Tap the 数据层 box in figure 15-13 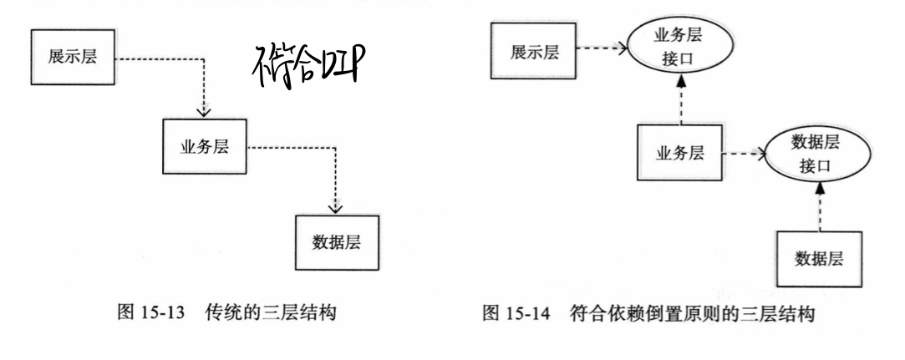tap(336, 244)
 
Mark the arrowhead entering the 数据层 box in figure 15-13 tap(335, 209)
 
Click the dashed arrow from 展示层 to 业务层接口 tap(596, 48)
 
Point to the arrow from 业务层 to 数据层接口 tap(742, 155)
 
